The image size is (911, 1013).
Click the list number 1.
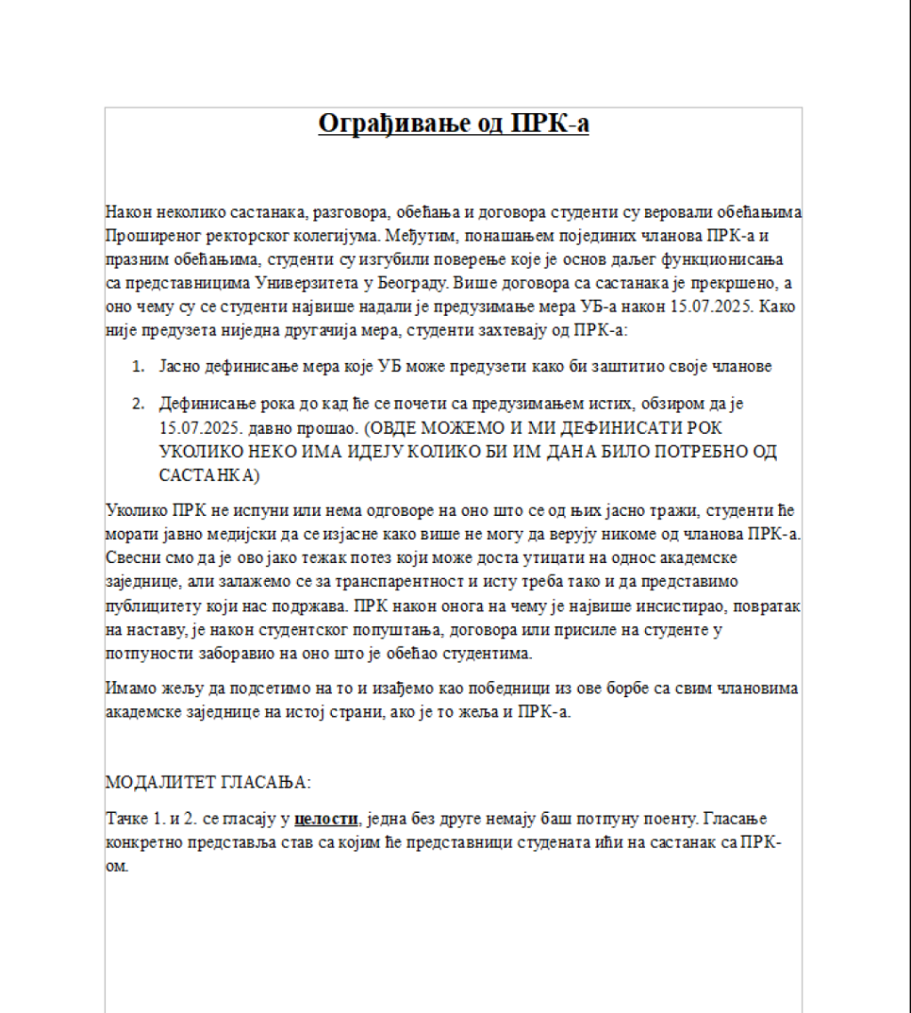click(x=138, y=366)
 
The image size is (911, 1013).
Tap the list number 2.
click(x=138, y=405)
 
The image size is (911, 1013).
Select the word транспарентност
click(x=423, y=581)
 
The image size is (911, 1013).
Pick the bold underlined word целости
click(x=326, y=818)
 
